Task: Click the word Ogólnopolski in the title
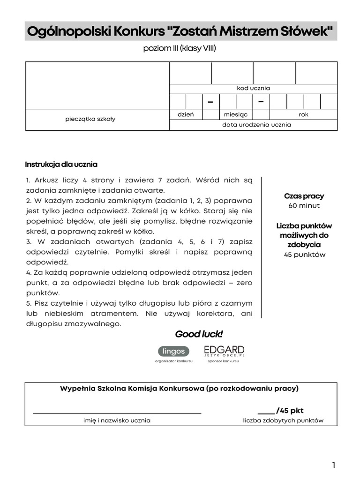[61, 32]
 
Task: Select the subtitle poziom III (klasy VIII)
[180, 49]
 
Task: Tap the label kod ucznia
[253, 88]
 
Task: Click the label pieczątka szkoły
[90, 119]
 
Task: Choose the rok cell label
[303, 114]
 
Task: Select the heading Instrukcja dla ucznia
[61, 164]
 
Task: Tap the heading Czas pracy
[304, 196]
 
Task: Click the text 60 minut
[304, 206]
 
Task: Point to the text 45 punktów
[304, 255]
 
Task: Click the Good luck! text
[199, 334]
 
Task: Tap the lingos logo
[174, 351]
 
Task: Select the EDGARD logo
[224, 351]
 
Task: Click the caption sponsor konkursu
[223, 361]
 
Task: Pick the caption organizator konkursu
[174, 361]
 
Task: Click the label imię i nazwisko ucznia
[117, 420]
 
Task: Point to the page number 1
[333, 465]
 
